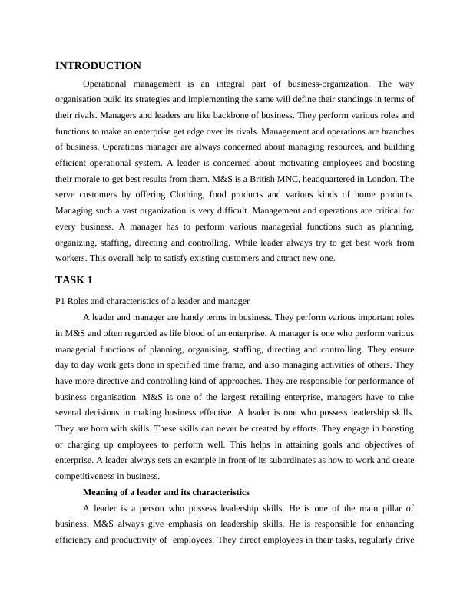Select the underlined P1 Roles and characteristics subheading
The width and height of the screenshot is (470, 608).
(x=152, y=300)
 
